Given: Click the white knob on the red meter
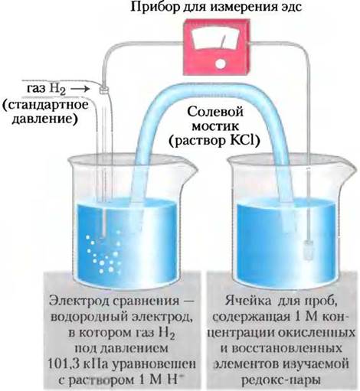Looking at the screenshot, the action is tap(220, 64).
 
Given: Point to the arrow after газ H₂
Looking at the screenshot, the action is tap(80, 89).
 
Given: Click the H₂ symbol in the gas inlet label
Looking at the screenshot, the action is tap(58, 90).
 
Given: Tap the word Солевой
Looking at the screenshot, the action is tap(215, 112).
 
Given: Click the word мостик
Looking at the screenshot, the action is tap(215, 127).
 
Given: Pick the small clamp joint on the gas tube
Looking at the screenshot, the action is tap(103, 90).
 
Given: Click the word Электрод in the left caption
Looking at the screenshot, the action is tap(78, 301).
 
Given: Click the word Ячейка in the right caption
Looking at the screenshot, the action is tap(248, 301).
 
